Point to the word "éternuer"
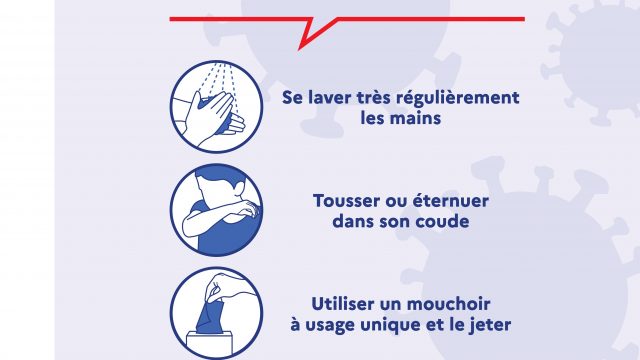click(x=451, y=200)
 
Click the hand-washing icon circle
click(x=216, y=107)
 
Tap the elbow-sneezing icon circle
click(x=216, y=210)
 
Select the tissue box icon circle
click(x=216, y=313)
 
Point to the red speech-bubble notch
click(x=313, y=33)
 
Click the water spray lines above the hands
click(x=219, y=80)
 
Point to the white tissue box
click(x=209, y=345)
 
